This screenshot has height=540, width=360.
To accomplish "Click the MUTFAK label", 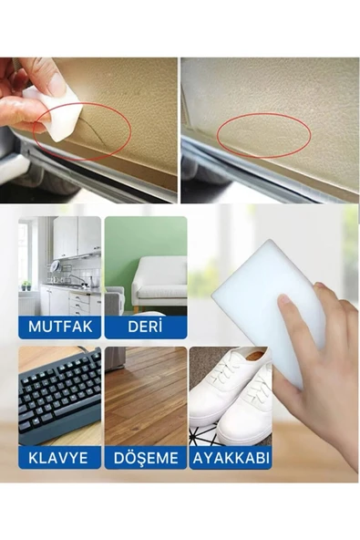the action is click(x=60, y=327).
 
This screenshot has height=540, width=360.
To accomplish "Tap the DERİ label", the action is click(x=145, y=327).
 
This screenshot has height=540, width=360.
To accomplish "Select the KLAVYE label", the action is click(x=57, y=458).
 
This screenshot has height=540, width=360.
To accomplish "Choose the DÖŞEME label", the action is click(x=146, y=458).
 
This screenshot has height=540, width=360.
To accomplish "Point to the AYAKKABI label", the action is click(x=231, y=458).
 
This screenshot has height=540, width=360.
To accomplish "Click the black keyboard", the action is click(x=59, y=396).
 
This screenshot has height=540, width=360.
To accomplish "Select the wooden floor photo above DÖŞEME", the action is click(x=146, y=396).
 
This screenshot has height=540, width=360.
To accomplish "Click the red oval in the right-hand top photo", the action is click(x=264, y=136).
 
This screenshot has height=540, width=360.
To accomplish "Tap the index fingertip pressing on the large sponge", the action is click(x=284, y=299).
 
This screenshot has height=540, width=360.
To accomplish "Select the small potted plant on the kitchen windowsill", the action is click(x=26, y=286).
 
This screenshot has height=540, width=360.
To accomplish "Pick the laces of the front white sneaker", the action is click(x=254, y=392).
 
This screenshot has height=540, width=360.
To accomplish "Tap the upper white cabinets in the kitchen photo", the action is click(x=77, y=237).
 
